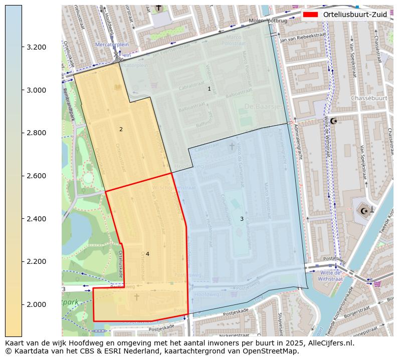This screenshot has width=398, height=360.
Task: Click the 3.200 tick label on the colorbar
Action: pos(36,47)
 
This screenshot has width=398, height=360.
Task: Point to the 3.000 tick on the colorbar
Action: pos(36,90)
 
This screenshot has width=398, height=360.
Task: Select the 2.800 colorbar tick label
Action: pos(36,133)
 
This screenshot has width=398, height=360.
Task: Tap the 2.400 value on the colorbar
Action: pos(36,219)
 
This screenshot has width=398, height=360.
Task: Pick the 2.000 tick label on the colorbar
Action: pos(36,304)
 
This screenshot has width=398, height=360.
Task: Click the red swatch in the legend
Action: pos(311,15)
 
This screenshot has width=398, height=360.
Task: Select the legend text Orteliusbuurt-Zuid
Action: pos(355,15)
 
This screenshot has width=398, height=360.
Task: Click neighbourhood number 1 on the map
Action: pos(209,89)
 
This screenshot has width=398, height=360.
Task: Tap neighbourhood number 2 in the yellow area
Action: pos(121,129)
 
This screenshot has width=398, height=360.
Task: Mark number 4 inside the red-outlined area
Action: pos(147,254)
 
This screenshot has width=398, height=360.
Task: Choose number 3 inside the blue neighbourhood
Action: pos(242,219)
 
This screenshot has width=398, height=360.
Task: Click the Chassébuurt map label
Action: pos(369,98)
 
